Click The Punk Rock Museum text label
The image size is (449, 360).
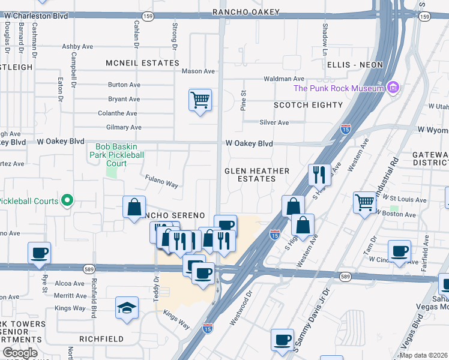click(x=338, y=89)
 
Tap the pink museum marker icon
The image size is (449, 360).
click(x=393, y=88)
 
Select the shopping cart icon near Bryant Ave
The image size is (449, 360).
click(x=200, y=99)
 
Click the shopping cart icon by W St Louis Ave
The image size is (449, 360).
click(x=364, y=202)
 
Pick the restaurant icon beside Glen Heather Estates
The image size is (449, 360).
click(x=319, y=174)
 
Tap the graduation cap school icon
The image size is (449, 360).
click(x=127, y=308)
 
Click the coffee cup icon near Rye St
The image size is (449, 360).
click(x=39, y=253)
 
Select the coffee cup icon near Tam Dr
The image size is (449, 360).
click(x=399, y=251)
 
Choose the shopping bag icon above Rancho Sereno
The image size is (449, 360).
click(x=134, y=207)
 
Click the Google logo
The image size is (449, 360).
click(x=20, y=353)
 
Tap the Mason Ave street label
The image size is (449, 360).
click(x=198, y=71)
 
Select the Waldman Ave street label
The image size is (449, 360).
click(x=284, y=79)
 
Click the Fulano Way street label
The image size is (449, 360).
click(x=161, y=181)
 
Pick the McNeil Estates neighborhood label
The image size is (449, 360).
click(x=142, y=63)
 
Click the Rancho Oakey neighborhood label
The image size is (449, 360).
click(x=246, y=12)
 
